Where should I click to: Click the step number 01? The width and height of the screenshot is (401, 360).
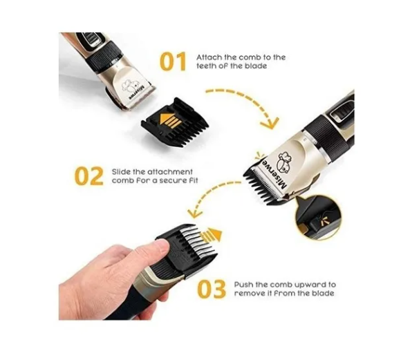pyautogui.click(x=173, y=61)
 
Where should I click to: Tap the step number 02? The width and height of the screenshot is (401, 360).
pyautogui.click(x=89, y=176)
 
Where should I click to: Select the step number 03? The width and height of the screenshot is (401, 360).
pyautogui.click(x=212, y=290)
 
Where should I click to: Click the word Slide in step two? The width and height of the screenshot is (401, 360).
pyautogui.click(x=121, y=172)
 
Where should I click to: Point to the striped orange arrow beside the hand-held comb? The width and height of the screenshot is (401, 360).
pyautogui.click(x=212, y=235)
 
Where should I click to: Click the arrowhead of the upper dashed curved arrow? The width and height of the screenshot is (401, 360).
pyautogui.click(x=270, y=123)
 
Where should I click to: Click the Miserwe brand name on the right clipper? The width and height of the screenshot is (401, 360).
pyautogui.click(x=274, y=176)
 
